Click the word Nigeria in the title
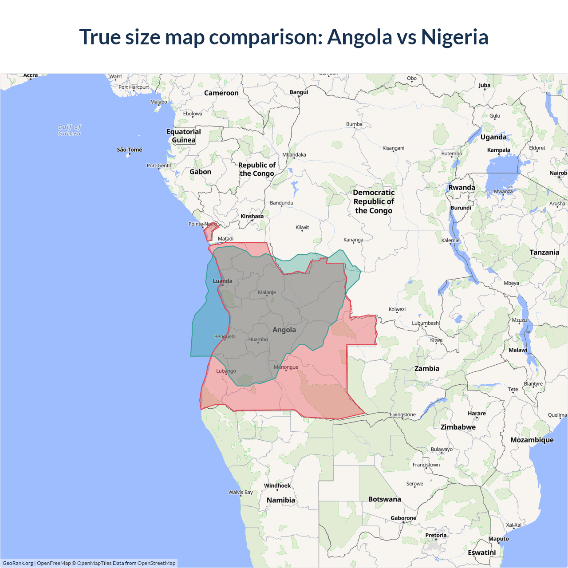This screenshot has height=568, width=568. [454, 37]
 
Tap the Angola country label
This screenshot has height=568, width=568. [284, 330]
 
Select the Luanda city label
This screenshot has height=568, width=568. [222, 281]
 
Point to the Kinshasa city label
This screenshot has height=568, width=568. [252, 216]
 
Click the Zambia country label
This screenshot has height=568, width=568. [426, 368]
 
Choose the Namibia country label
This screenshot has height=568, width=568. [280, 500]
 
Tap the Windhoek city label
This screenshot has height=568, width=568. [277, 485]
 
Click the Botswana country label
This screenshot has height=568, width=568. [384, 499]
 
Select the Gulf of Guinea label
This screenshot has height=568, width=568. [70, 130]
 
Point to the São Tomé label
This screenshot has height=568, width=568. [130, 150]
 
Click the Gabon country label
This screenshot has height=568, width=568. [200, 172]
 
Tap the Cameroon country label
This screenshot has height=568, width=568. [221, 93]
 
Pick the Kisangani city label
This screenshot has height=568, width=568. [393, 148]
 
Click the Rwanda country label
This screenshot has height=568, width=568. [461, 187]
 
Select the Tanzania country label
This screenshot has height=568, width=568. [544, 252]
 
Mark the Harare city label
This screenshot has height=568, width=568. [477, 413]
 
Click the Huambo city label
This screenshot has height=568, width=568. [258, 339]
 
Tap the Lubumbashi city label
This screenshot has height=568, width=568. [426, 323]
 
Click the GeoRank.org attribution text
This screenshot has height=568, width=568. [18, 563]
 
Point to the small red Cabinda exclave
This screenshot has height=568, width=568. [210, 231]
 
